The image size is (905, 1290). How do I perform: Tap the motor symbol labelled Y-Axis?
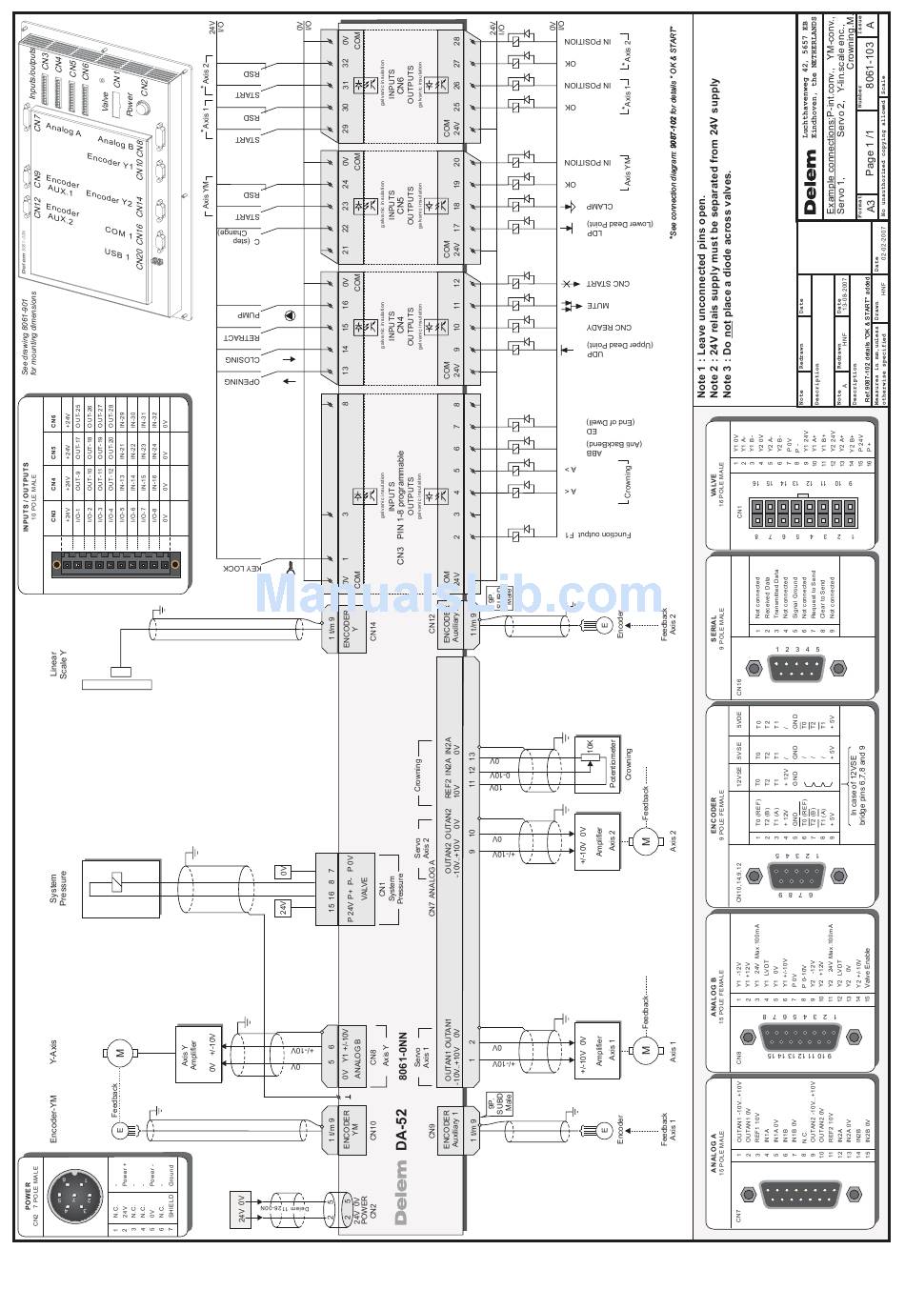pos(121,1053)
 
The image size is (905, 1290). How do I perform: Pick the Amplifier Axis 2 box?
pos(598,840)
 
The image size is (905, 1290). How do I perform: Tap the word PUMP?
pos(250,315)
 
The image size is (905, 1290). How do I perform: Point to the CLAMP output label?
pos(599,206)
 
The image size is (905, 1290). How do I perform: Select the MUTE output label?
pos(598,306)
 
